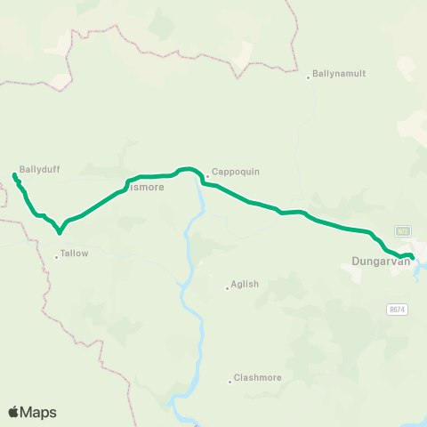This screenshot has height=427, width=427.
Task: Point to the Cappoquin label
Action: click(235, 173)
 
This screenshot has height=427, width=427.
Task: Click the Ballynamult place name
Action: click(339, 74)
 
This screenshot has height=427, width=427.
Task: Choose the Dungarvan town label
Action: click(378, 262)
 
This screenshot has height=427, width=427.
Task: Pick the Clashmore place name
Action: click(257, 377)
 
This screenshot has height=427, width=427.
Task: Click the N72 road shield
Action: click(403, 231)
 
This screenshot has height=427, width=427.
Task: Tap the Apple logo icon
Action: click(14, 412)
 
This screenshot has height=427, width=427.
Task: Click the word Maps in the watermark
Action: click(39, 412)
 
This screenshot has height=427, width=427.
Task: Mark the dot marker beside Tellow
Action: click(56, 257)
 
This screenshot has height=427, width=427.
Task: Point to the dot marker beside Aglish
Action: click(227, 287)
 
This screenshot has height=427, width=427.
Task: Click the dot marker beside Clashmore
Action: click(230, 381)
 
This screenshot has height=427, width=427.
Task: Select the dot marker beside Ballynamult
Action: click(308, 77)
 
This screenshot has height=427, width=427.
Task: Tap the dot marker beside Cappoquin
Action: click(207, 175)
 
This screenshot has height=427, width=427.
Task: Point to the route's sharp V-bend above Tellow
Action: click(60, 234)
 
